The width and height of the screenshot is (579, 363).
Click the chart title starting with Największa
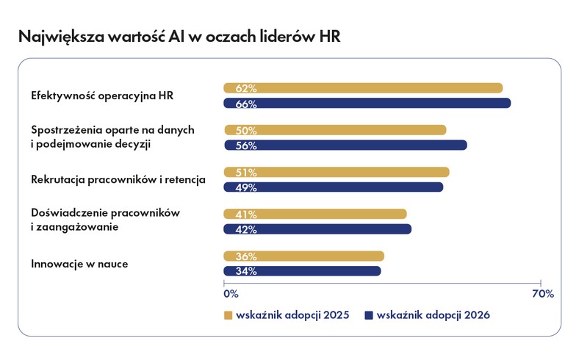pyautogui.click(x=179, y=36)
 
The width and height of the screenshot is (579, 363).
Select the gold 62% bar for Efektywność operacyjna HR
pyautogui.click(x=363, y=88)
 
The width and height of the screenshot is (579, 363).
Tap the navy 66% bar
pyautogui.click(x=367, y=104)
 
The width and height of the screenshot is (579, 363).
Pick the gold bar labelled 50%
pyautogui.click(x=335, y=130)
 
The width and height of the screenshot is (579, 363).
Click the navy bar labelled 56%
pyautogui.click(x=345, y=145)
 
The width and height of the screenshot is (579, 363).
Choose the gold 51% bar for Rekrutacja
pyautogui.click(x=337, y=172)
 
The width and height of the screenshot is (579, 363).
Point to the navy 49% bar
pyautogui.click(x=334, y=187)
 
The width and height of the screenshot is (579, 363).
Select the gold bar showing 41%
pyautogui.click(x=315, y=214)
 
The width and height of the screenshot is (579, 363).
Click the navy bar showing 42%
pyautogui.click(x=317, y=229)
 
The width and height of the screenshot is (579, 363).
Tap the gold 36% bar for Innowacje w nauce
pyautogui.click(x=304, y=256)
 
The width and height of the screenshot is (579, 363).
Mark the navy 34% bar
pyautogui.click(x=302, y=271)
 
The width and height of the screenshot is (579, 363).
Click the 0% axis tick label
pyautogui.click(x=231, y=294)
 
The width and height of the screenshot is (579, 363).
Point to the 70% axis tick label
pyautogui.click(x=542, y=294)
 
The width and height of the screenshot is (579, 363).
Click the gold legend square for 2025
pyautogui.click(x=228, y=315)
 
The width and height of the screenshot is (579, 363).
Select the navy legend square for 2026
pyautogui.click(x=369, y=315)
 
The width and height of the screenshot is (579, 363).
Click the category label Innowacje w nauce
pyautogui.click(x=79, y=263)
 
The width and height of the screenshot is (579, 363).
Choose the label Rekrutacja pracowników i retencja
pyautogui.click(x=118, y=179)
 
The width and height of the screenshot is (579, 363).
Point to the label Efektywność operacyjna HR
pyautogui.click(x=101, y=96)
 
